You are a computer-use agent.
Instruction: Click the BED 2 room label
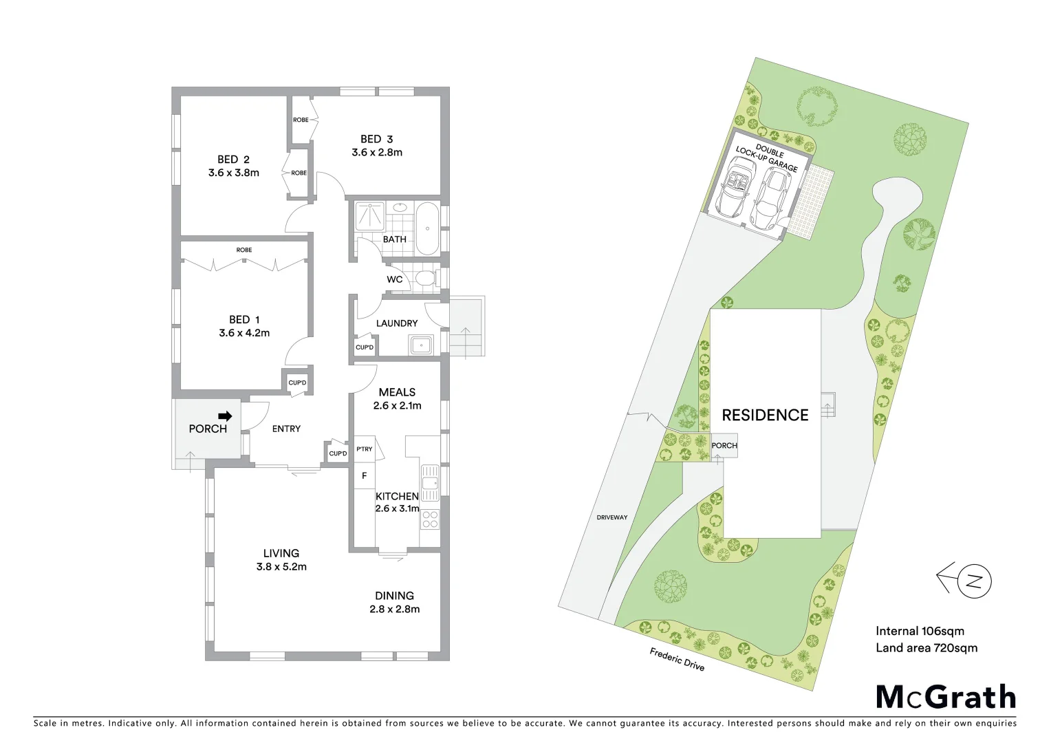[233, 160]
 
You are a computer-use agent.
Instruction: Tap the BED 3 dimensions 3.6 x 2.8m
[377, 153]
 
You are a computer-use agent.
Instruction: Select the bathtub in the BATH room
[427, 228]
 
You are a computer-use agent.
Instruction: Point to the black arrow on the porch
[225, 416]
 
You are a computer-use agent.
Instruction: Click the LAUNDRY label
[397, 323]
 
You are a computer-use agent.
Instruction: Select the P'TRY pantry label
[364, 449]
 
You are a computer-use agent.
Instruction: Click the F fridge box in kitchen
[365, 475]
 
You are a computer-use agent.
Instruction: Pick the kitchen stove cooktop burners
[430, 519]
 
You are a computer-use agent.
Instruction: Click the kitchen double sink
[430, 482]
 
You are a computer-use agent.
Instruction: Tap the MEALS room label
[397, 392]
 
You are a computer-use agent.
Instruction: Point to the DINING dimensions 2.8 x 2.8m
[394, 609]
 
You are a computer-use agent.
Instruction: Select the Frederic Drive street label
[677, 659]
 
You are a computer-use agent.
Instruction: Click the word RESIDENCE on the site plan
[765, 415]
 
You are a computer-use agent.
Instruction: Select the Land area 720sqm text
[926, 647]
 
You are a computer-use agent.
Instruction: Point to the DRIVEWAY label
[611, 517]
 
